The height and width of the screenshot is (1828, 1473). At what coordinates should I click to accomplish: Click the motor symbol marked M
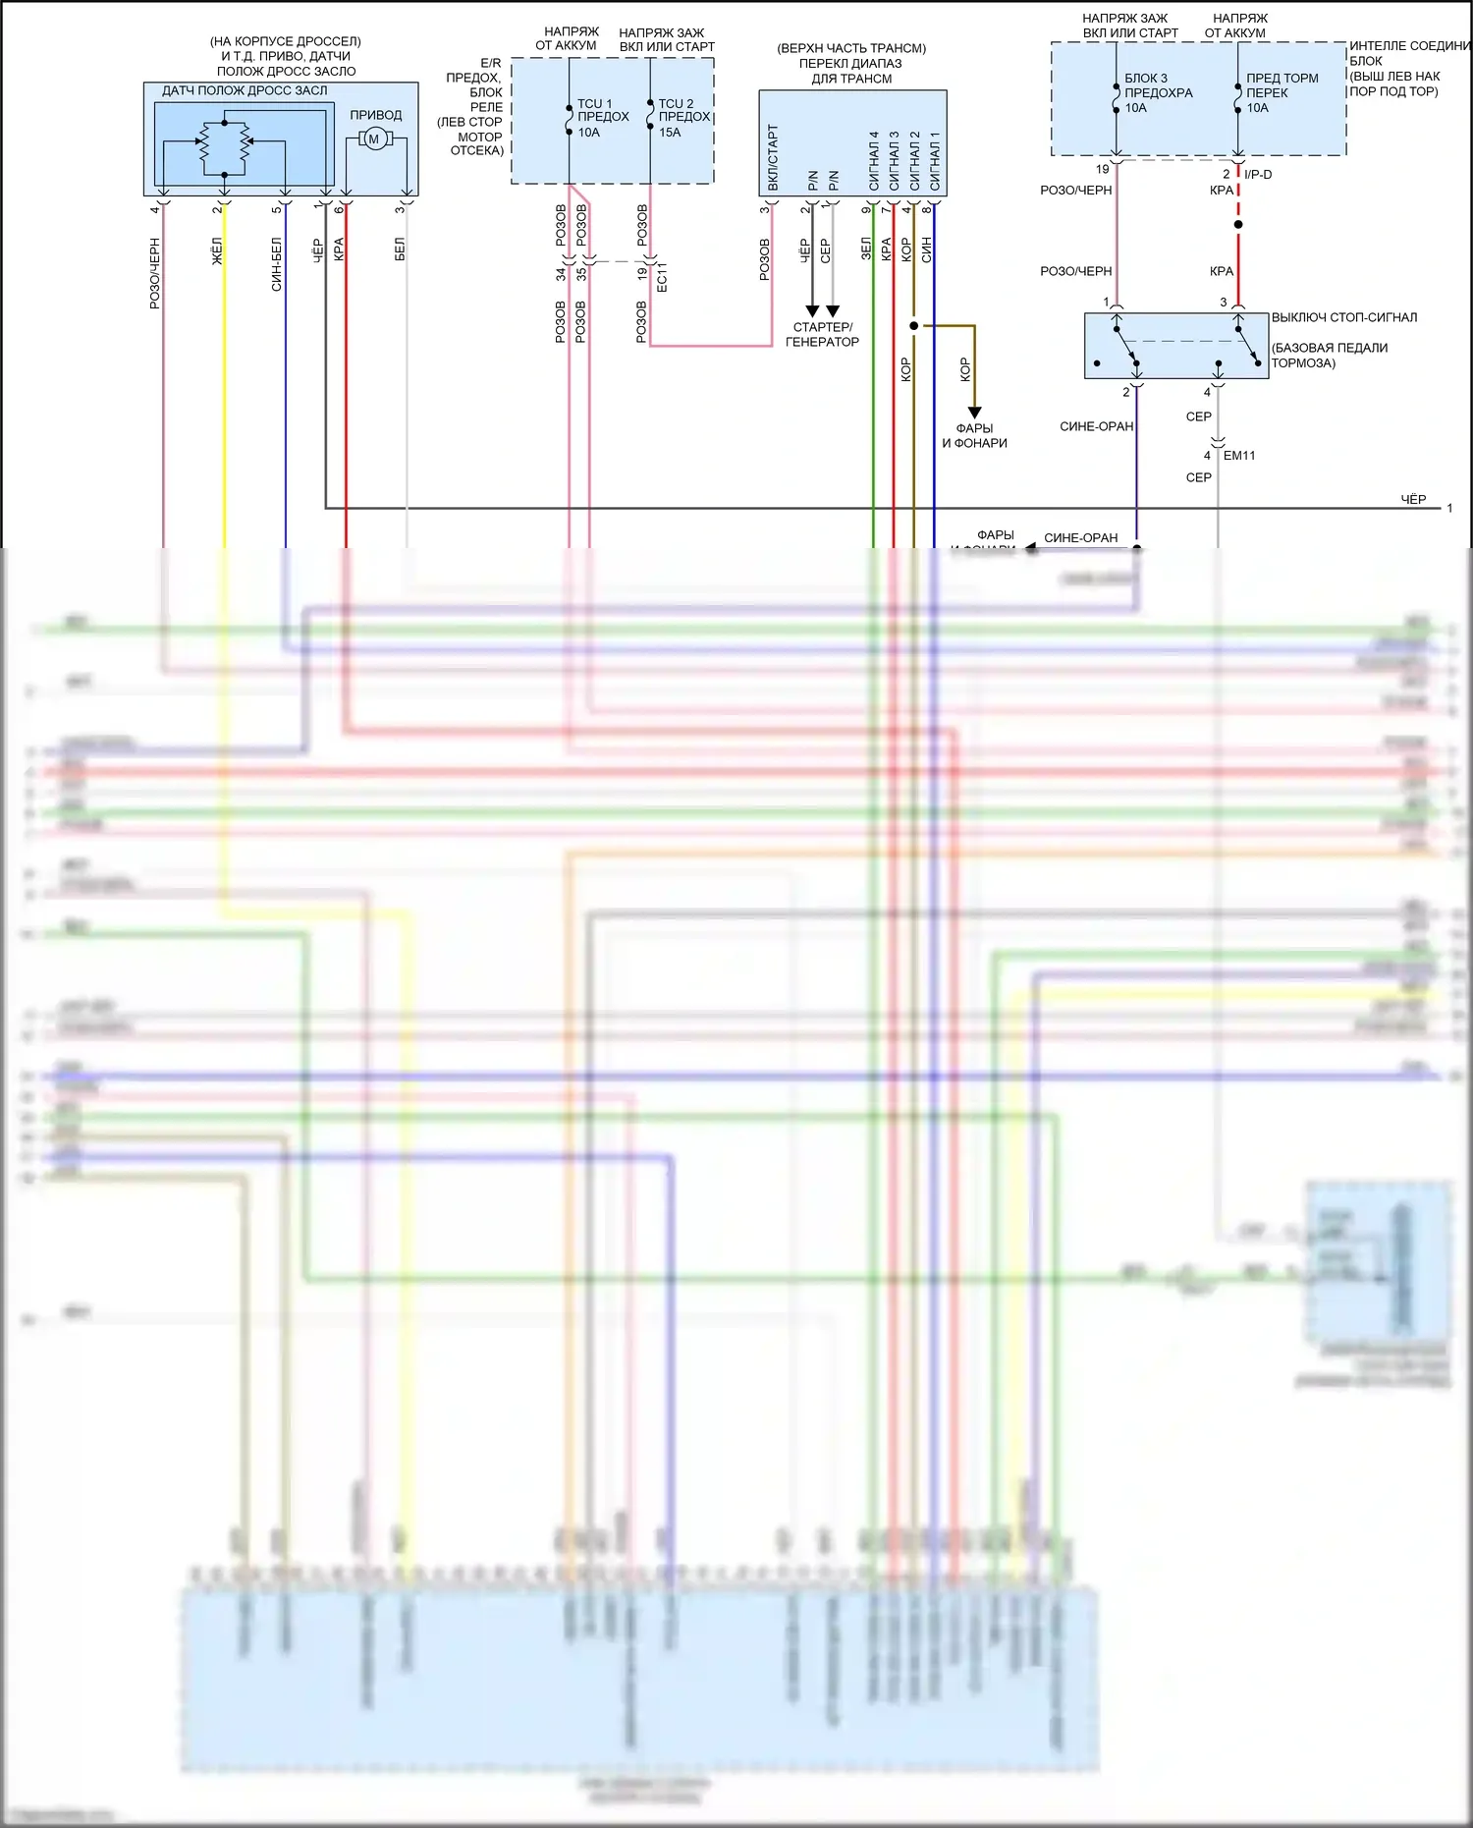coord(373,139)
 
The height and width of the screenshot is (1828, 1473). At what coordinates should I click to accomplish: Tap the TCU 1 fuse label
coord(602,117)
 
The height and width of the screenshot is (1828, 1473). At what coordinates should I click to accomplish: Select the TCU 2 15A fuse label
coord(683,117)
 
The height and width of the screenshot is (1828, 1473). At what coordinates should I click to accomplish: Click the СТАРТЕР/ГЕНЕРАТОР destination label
coord(822,334)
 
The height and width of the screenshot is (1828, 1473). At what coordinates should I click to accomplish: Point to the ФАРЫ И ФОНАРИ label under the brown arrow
coord(974,435)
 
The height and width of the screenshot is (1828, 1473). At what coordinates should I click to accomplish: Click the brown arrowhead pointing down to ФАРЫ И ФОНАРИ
coord(974,413)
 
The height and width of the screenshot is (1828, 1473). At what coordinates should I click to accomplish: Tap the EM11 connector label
coord(1238,455)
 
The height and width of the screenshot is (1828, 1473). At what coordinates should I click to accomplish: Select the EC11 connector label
coord(661,276)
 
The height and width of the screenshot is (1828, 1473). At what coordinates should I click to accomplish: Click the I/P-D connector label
coord(1258,174)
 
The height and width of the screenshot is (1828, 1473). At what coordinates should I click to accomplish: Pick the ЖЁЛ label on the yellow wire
coord(217,250)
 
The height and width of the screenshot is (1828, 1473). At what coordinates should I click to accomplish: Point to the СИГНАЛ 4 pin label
coord(873,161)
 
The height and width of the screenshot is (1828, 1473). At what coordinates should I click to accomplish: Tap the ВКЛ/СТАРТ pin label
coord(773,157)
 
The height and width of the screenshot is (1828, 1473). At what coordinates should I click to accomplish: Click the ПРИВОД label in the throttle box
coord(375,115)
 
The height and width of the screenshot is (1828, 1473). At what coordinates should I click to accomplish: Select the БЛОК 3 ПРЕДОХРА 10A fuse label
coord(1158,92)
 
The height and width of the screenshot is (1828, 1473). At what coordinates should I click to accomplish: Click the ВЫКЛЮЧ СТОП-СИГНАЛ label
coord(1343,317)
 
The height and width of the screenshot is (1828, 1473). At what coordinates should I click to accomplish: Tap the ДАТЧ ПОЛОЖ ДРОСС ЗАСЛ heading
coord(245,90)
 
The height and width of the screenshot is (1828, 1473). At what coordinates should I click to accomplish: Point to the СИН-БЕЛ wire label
coord(277,263)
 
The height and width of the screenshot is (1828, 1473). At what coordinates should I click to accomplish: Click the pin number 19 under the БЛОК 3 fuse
coord(1102,169)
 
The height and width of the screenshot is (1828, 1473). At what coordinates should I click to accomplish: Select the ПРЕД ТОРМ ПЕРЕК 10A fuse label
coord(1282,92)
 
